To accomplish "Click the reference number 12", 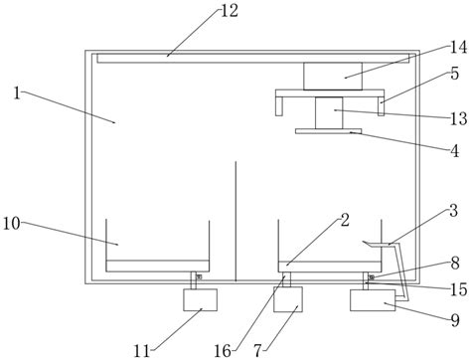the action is coord(230,11).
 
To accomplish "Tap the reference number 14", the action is coord(458,48).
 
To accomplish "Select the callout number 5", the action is coord(455,74).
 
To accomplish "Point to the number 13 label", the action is coord(459,118).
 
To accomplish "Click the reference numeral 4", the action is coord(455,151).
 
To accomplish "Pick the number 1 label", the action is coord(17,93).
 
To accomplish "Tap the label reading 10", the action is coord(12,224).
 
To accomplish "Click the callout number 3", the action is coord(454,211).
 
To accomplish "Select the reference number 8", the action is coord(455,264).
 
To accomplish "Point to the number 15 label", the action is coord(459,289).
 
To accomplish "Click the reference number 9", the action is coord(455,320).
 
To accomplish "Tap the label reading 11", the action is coord(142,351).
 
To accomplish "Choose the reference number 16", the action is coord(223,351).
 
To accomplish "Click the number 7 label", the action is coord(259,351).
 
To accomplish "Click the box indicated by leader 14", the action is coord(333,76).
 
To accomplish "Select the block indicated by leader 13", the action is coord(329,113).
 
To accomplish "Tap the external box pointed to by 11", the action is coord(201,300).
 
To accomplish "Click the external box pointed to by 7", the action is coord(288,299).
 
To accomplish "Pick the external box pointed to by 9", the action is coord(373,300).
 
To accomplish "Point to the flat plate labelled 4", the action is coord(328,131).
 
